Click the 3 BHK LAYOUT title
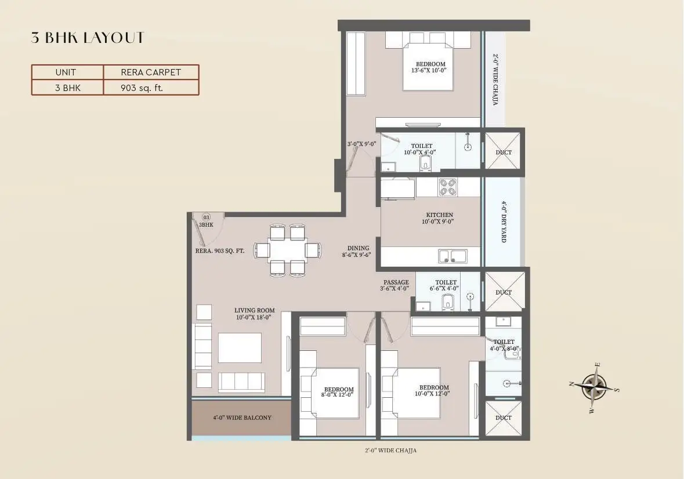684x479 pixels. (88, 38)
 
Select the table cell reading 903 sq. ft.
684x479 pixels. (151, 88)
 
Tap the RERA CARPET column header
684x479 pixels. (151, 72)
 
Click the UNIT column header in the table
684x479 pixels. (67, 72)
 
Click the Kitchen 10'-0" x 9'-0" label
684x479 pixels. (439, 218)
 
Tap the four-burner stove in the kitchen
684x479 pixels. (447, 187)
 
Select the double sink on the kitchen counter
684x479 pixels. (453, 256)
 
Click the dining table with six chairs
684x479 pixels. (288, 250)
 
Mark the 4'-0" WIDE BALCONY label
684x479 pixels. (241, 418)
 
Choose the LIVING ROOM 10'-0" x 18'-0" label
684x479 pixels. (255, 314)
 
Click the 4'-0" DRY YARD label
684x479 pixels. (504, 222)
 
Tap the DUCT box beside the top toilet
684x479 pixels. (504, 153)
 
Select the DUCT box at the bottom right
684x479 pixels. (504, 418)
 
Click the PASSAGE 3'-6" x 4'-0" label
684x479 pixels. (396, 285)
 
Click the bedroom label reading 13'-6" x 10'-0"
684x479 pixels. (430, 67)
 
